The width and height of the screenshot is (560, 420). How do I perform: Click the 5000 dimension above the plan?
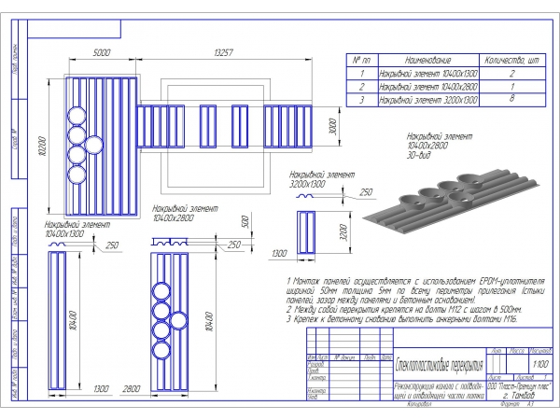[x=103, y=53]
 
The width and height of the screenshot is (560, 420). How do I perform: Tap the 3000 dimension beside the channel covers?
[x=332, y=126]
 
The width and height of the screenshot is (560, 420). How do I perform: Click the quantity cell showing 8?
[x=511, y=96]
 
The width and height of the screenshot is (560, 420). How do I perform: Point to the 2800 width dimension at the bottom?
[x=133, y=386]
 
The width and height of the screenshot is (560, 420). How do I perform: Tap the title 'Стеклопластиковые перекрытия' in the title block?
[x=440, y=363]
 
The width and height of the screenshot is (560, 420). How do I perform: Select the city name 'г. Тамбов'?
[x=520, y=395]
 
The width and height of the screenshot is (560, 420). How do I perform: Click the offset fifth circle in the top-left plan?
[x=94, y=144]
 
